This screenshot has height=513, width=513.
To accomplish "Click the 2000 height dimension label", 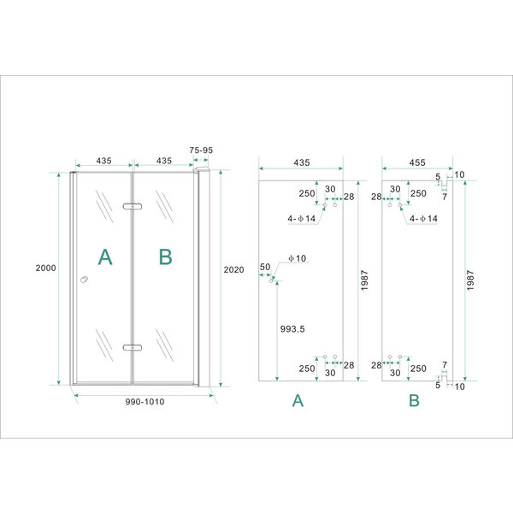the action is coord(46,268).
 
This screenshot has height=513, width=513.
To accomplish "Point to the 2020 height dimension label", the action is coord(233,269).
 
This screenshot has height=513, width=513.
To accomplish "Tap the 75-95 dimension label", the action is coord(202,150).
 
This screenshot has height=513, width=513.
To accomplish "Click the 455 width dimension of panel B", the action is coord(416,161).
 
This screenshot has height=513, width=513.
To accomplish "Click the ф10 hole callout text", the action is coord(296,258).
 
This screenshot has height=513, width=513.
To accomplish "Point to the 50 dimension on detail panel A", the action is coord(265,268).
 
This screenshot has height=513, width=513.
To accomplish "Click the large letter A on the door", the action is coord(105,256).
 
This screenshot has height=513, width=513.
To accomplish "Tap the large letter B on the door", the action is coord(166,256).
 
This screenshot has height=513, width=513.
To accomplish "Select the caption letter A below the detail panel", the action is coord(298,400).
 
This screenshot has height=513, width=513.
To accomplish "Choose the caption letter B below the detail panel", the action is coord(415,400).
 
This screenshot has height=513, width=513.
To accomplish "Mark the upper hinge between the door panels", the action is coord(132,206).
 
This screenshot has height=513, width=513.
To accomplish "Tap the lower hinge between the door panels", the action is coord(132,347).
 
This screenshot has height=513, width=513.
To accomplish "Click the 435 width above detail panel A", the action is coord(301,161).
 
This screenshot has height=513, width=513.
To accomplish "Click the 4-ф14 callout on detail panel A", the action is coord(303,219).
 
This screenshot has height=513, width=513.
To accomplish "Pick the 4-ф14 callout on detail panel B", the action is coord(423,219).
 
